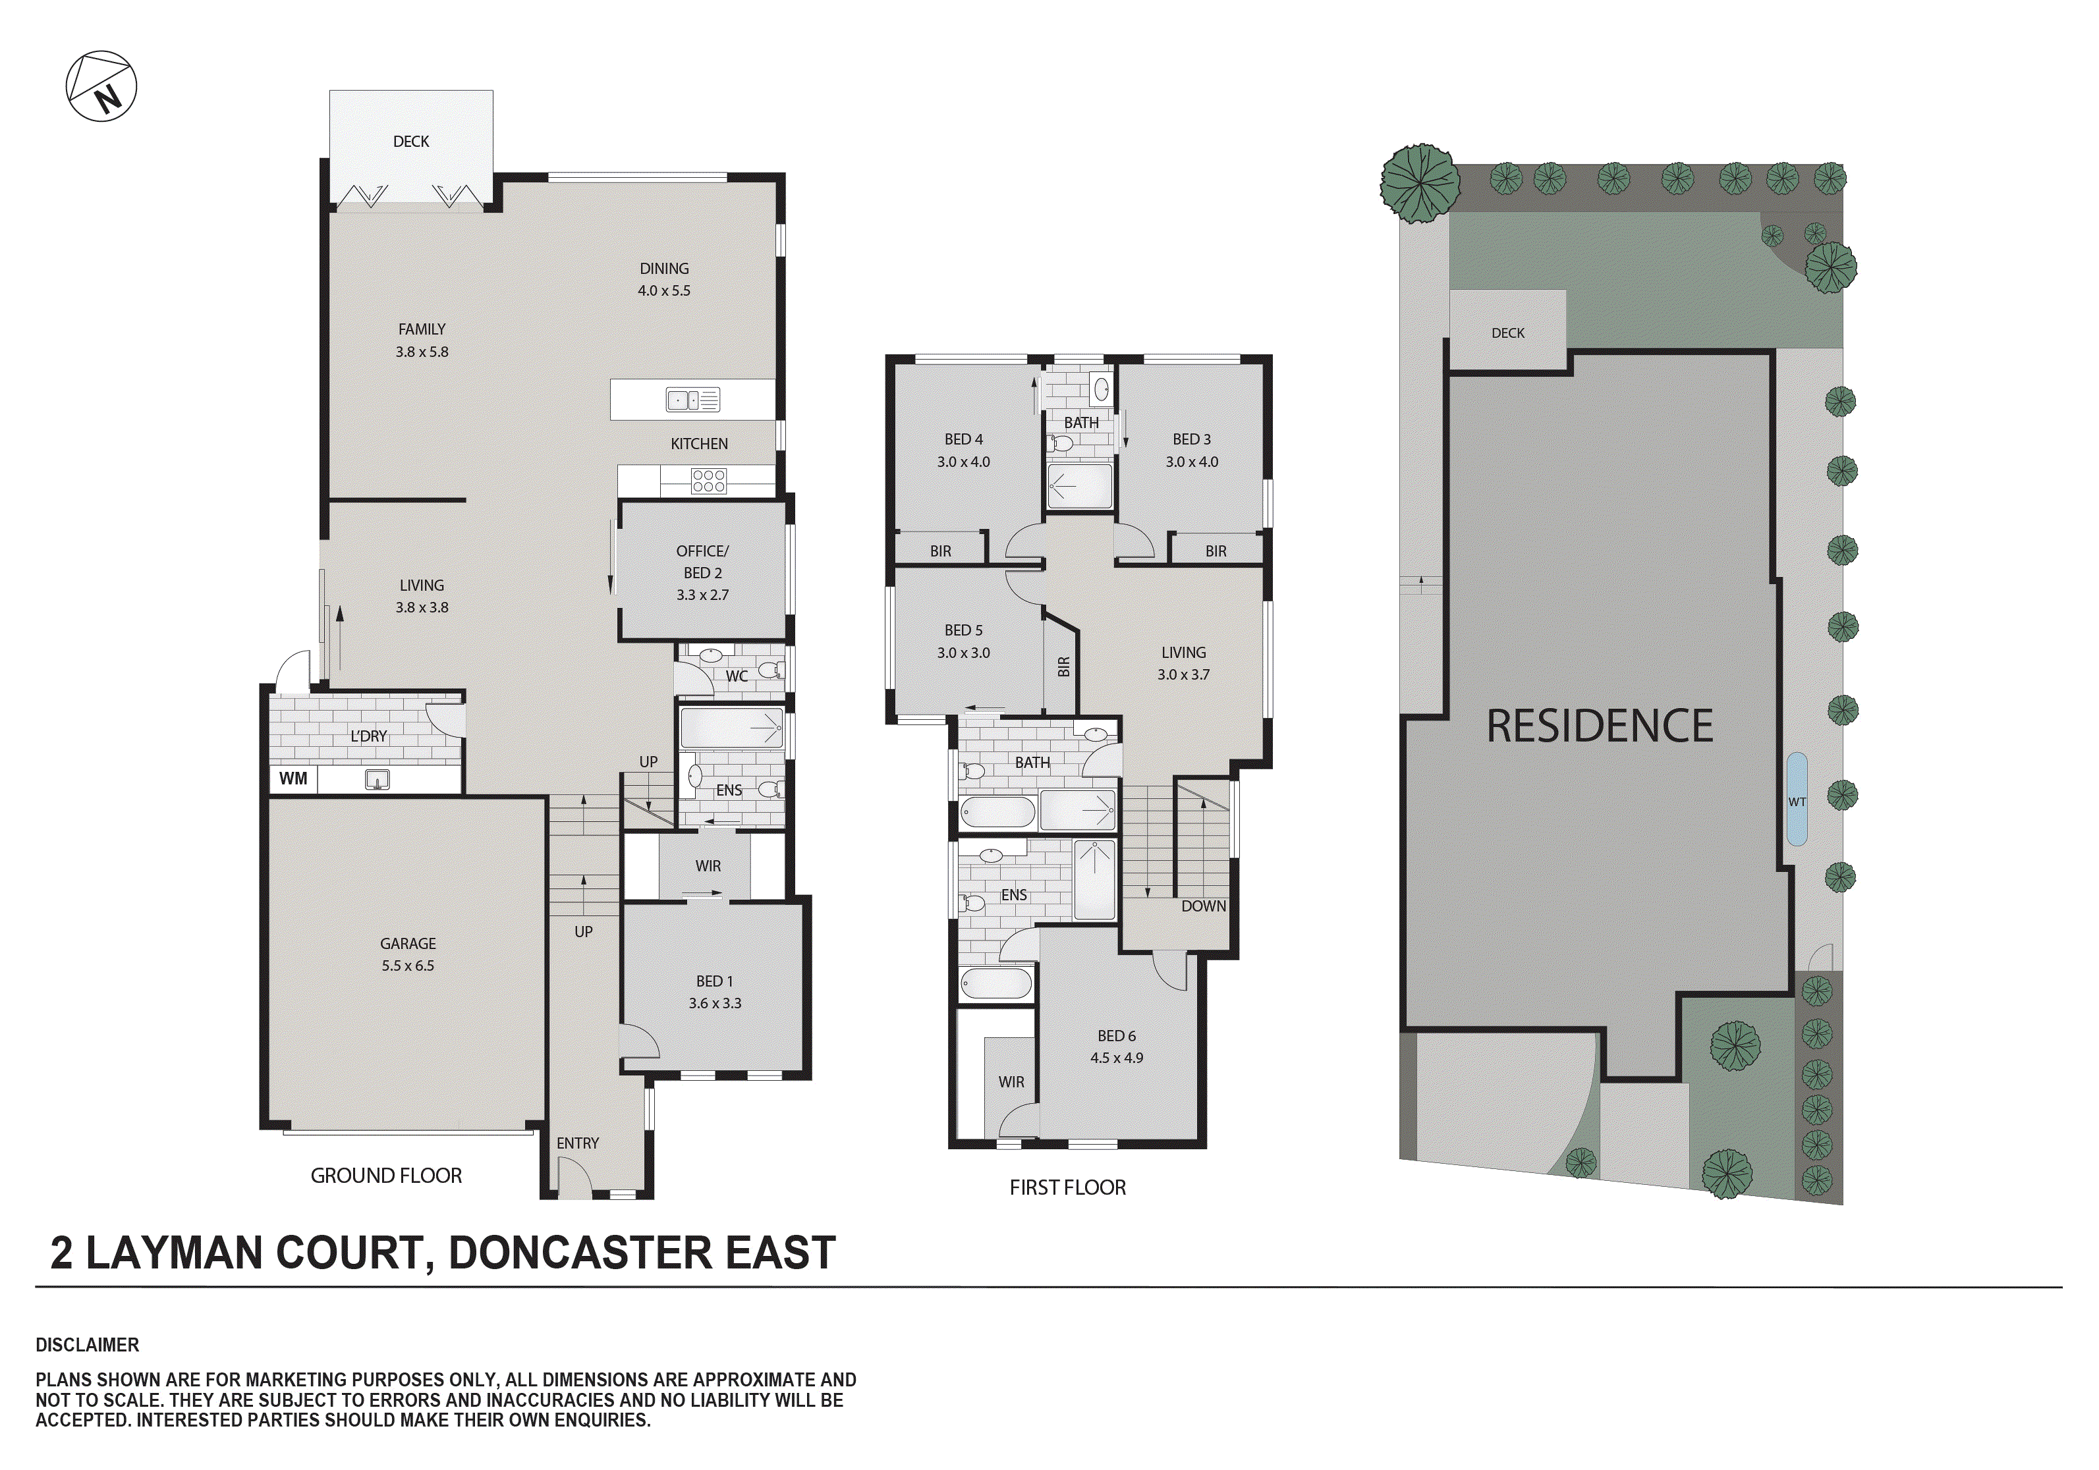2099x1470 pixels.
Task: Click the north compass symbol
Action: (101, 86)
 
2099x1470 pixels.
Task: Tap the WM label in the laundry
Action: (293, 779)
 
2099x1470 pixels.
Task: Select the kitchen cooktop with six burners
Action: (708, 481)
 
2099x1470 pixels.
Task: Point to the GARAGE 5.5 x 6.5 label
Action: (408, 954)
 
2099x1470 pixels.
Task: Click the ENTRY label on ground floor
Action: (578, 1143)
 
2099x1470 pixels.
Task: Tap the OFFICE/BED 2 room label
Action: (702, 572)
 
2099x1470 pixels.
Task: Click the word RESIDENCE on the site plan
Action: (1599, 726)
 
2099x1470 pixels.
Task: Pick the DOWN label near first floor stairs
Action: (1203, 906)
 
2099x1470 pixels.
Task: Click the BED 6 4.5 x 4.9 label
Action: (1116, 1047)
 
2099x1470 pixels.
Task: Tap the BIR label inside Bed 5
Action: (1063, 667)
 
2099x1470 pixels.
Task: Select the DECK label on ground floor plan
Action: (410, 142)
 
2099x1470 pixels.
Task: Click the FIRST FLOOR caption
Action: (1067, 1187)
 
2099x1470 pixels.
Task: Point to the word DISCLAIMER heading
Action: (87, 1345)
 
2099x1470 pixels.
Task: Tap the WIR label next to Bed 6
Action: (1011, 1082)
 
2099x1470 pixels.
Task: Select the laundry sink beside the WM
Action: (377, 780)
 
